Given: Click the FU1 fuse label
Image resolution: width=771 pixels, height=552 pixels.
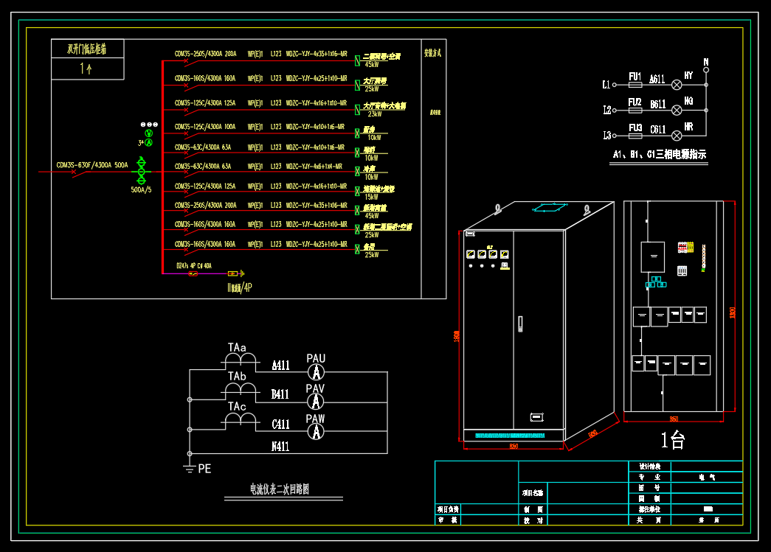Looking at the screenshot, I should [x=634, y=76].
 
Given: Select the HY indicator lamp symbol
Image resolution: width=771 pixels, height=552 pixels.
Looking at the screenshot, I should [x=676, y=85].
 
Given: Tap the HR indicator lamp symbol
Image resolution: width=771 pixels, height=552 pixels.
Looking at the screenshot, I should [x=676, y=135].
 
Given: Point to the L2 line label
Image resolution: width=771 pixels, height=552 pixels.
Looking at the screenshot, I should [x=607, y=111].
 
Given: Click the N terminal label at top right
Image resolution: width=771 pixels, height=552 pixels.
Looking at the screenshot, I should [x=705, y=62].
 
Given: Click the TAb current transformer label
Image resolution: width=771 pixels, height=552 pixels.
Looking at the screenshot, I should [x=237, y=377].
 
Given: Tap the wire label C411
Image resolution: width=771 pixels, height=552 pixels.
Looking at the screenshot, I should [x=281, y=425].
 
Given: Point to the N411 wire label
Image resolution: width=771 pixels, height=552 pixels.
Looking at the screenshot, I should [x=281, y=447].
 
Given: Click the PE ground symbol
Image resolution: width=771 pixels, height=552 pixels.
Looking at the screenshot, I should [x=190, y=468].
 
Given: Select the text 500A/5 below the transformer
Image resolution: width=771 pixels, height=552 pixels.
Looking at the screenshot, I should [x=141, y=189].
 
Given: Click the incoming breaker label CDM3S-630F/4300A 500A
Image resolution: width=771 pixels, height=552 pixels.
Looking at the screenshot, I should [x=92, y=165].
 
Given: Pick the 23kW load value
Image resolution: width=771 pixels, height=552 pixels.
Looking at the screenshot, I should [x=374, y=114].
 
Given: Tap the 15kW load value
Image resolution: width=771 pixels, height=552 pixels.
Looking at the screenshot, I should [x=371, y=197].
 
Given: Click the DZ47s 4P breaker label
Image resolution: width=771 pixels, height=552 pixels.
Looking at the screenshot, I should [x=193, y=265].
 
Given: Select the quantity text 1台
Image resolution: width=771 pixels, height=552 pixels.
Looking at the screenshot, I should [x=673, y=441].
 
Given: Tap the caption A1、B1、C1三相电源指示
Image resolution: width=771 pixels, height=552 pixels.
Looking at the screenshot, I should [x=660, y=155].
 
